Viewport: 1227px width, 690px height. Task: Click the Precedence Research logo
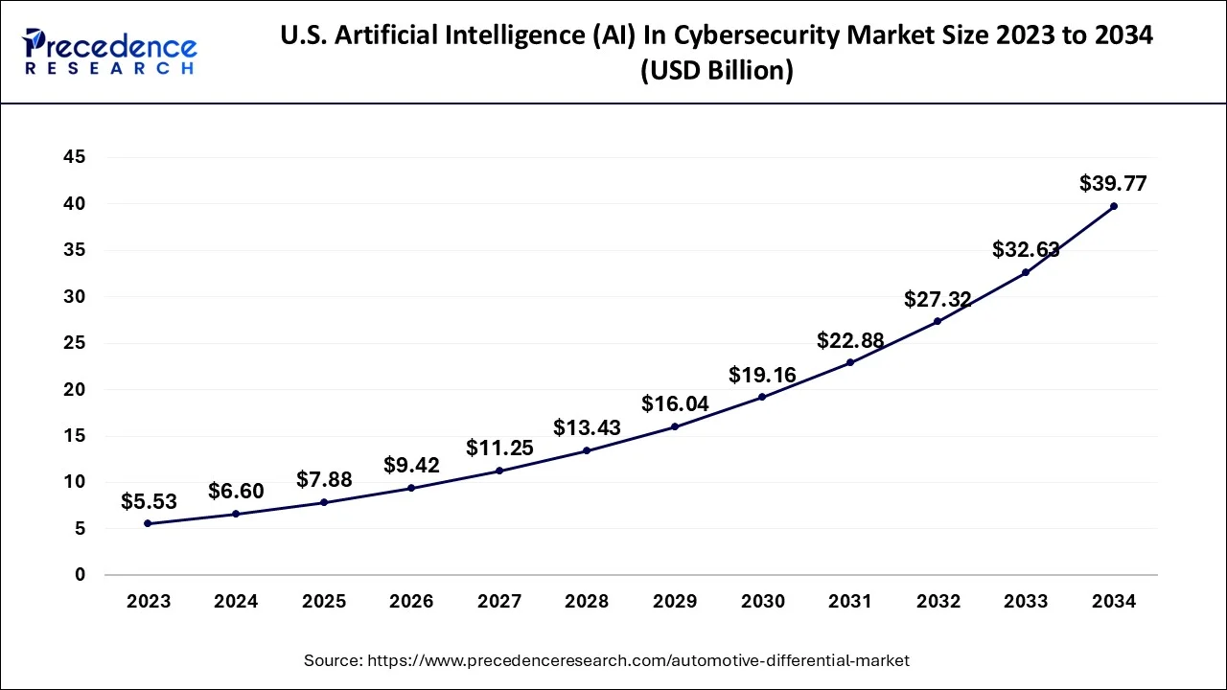(110, 52)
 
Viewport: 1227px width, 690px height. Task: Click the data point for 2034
(1113, 206)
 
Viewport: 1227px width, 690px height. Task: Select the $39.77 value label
(1113, 183)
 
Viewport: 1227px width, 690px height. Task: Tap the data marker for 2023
(148, 523)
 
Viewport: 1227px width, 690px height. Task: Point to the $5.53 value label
(148, 500)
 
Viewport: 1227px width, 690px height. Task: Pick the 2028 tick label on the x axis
(587, 602)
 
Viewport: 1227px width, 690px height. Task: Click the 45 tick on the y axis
(74, 157)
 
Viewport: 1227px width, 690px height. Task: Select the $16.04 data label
(675, 403)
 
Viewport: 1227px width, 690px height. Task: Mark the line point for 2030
(762, 397)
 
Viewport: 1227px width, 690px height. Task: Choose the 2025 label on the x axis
(323, 602)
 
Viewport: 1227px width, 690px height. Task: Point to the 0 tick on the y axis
(81, 575)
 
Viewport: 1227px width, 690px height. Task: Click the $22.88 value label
(850, 340)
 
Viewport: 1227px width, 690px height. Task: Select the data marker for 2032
(938, 321)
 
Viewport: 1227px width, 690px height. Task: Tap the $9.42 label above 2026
(411, 465)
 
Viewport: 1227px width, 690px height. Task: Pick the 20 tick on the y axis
(74, 389)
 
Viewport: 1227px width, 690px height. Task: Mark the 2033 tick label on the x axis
(1026, 602)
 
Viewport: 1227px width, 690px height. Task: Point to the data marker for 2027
(498, 471)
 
